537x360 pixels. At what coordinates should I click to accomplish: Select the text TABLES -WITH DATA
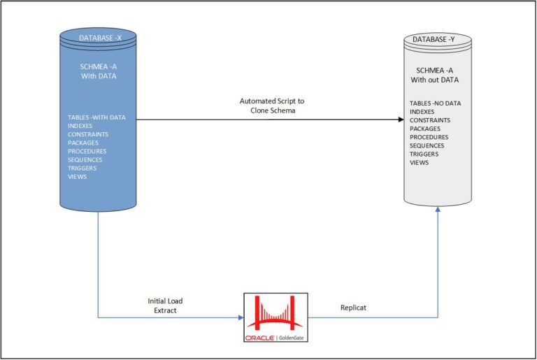tap(96, 117)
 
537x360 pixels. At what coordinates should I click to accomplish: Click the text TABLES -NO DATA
tap(435, 103)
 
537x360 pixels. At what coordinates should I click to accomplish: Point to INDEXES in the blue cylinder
tap(81, 126)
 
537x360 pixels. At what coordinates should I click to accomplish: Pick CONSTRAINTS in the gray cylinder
tap(429, 120)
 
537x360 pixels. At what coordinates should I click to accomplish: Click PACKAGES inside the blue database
tap(83, 143)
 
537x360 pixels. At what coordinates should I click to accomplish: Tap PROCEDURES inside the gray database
tap(429, 137)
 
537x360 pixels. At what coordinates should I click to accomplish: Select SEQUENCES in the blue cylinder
tap(85, 159)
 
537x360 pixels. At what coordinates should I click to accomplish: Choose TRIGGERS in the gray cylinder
tap(424, 154)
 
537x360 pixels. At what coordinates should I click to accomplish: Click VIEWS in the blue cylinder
tap(77, 177)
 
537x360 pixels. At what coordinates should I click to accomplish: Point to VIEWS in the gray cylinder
tap(419, 163)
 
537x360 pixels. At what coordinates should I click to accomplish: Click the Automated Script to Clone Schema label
tap(272, 106)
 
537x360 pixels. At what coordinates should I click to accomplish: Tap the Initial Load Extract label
tap(166, 305)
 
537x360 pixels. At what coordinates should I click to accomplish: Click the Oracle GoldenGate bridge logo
tap(274, 318)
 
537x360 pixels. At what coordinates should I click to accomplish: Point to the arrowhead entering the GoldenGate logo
tap(240, 318)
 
